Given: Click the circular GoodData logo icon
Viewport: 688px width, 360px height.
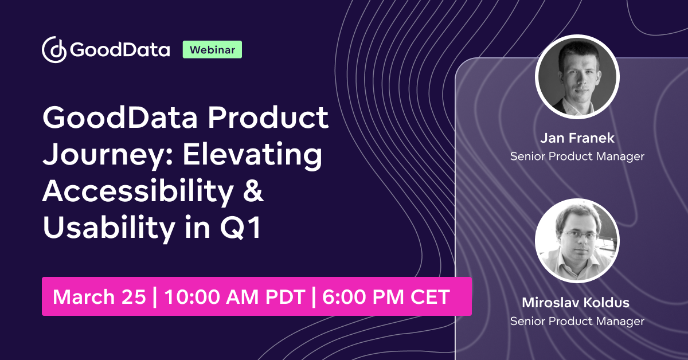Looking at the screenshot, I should tap(55, 50).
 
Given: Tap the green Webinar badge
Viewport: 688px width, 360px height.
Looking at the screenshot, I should tap(212, 50).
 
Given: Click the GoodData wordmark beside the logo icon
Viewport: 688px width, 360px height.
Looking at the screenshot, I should tap(120, 50).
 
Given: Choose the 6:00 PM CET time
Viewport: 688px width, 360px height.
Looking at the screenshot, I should tap(386, 297).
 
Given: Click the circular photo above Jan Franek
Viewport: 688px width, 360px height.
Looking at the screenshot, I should tap(577, 77).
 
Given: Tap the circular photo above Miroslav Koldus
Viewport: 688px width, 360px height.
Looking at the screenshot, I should tap(577, 241).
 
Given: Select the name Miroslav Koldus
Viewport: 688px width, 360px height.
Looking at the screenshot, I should tap(577, 303).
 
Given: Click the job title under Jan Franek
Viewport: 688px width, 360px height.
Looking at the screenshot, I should tap(577, 156).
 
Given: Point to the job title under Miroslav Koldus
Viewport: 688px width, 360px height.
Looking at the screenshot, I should tap(577, 321).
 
